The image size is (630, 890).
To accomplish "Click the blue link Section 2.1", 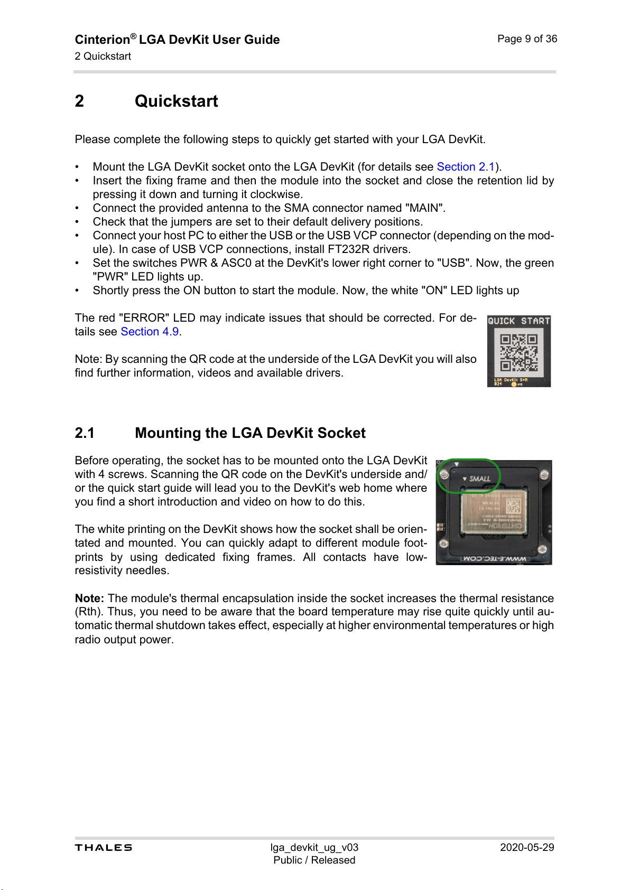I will pyautogui.click(x=465, y=167).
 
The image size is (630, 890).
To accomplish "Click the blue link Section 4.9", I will pyautogui.click(x=150, y=332).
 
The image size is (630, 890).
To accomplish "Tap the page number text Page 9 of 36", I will pyautogui.click(x=527, y=39).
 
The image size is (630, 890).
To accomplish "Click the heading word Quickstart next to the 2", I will pyautogui.click(x=176, y=101).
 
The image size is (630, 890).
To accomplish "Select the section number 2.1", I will pyautogui.click(x=85, y=433).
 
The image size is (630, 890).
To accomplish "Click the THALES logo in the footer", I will pyautogui.click(x=104, y=847).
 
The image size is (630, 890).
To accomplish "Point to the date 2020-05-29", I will pyautogui.click(x=526, y=847).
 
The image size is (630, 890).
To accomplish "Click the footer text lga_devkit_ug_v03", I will pyautogui.click(x=314, y=847).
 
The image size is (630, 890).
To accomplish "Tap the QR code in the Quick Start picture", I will pyautogui.click(x=518, y=352).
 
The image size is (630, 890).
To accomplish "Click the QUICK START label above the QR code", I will pyautogui.click(x=518, y=321).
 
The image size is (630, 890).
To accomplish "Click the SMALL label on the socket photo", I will pyautogui.click(x=479, y=479).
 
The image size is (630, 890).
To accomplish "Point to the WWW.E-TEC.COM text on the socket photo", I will pyautogui.click(x=495, y=558).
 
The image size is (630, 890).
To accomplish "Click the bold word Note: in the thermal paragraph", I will pyautogui.click(x=89, y=598).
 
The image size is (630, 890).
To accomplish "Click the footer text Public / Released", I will pyautogui.click(x=314, y=860).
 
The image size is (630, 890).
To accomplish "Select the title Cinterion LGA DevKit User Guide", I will pyautogui.click(x=177, y=40).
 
